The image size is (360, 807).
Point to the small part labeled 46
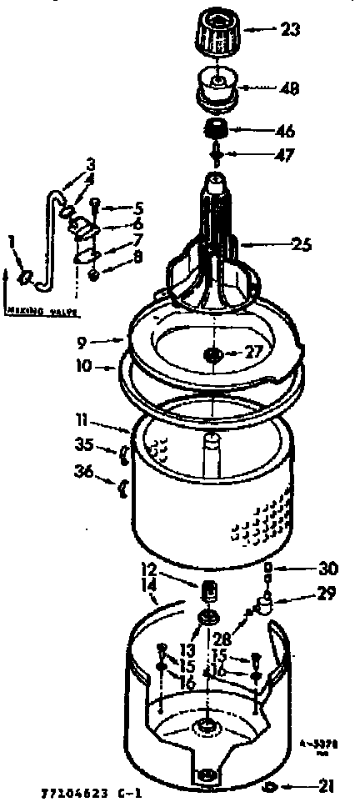[x=217, y=129]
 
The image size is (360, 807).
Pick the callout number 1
[x=10, y=242]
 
